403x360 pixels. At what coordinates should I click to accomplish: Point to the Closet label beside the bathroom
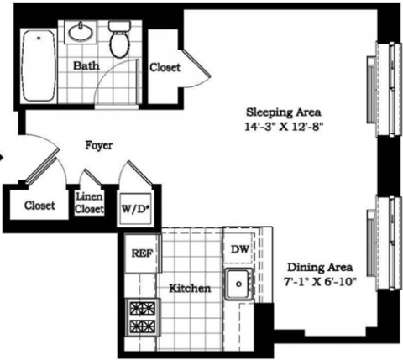click(x=165, y=68)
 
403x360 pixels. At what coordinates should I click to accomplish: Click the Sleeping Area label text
click(x=283, y=112)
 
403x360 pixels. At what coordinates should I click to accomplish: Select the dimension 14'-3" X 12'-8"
click(x=283, y=128)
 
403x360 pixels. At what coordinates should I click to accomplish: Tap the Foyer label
click(x=99, y=145)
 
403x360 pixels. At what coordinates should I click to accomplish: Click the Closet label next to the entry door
click(x=39, y=205)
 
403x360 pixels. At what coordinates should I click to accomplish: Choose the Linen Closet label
click(x=89, y=203)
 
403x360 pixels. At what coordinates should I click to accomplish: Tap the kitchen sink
click(x=240, y=284)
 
